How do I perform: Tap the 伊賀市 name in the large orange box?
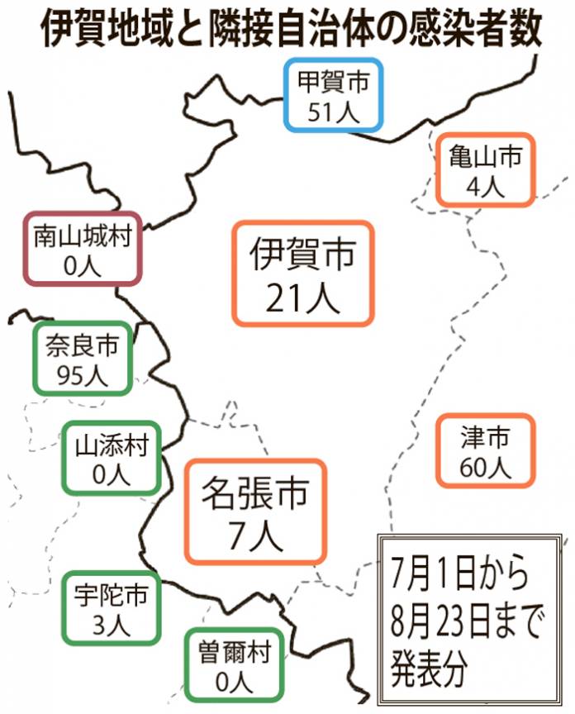click(302, 253)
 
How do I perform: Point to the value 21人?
click(302, 297)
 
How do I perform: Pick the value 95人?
click(83, 375)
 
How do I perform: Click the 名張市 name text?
click(255, 493)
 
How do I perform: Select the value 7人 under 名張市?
click(255, 536)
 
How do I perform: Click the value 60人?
click(485, 467)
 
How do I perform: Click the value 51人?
click(334, 112)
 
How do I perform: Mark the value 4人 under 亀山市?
click(485, 186)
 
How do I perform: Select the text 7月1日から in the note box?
click(460, 573)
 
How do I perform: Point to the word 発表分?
click(430, 669)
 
